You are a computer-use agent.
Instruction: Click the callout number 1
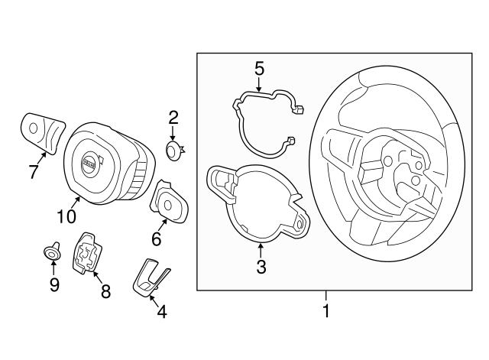326,311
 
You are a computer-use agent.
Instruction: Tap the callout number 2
173,118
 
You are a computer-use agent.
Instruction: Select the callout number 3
261,267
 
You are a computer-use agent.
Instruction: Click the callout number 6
156,239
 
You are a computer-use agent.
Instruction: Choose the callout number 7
34,172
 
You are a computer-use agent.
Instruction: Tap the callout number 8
105,291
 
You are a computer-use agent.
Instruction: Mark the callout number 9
53,285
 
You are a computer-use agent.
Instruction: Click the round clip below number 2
175,149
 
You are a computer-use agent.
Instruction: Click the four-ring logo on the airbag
89,164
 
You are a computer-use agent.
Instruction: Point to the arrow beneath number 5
259,86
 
